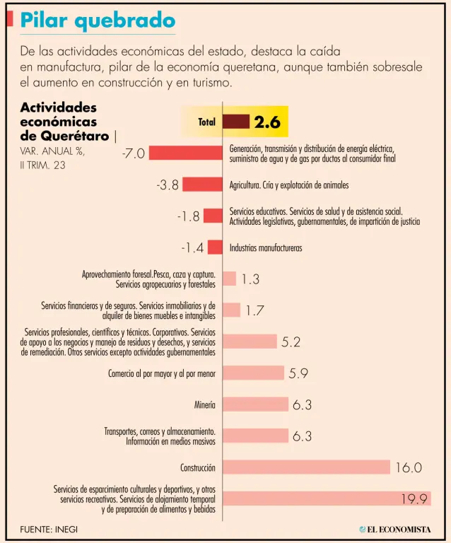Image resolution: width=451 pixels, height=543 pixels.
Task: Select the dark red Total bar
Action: click(236, 122)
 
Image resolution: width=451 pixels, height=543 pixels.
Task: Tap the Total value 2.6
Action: click(267, 122)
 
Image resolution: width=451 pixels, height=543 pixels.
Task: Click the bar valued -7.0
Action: click(186, 153)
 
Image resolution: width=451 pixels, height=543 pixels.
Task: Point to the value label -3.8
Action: click(168, 185)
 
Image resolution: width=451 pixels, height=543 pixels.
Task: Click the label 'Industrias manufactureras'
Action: click(266, 248)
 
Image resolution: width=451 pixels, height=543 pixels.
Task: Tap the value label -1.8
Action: click(189, 216)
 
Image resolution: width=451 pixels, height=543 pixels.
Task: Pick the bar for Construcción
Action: click(307, 467)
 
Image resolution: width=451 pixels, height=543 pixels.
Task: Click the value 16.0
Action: click(409, 467)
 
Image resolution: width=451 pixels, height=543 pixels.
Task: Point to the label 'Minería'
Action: click(205, 405)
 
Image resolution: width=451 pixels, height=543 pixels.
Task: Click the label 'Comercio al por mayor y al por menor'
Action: click(162, 373)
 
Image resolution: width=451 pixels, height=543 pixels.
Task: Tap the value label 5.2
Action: click(291, 342)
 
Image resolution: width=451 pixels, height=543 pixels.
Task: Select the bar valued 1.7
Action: click(232, 310)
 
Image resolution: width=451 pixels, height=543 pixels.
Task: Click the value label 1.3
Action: click(250, 279)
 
